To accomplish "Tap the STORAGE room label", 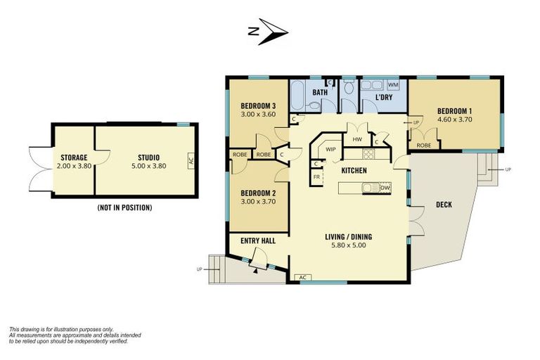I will pyautogui.click(x=73, y=157).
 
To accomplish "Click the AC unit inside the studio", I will pyautogui.click(x=191, y=160).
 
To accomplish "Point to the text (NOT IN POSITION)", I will pyautogui.click(x=124, y=208).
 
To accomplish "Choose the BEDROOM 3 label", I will pyautogui.click(x=257, y=105).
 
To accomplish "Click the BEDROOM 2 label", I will pyautogui.click(x=257, y=193).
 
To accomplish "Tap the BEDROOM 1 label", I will pyautogui.click(x=455, y=111).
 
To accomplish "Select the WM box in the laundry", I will pyautogui.click(x=393, y=85).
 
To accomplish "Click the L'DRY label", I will pyautogui.click(x=383, y=97).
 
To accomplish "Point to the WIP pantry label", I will pyautogui.click(x=330, y=149).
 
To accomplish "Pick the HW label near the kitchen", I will pyautogui.click(x=357, y=139).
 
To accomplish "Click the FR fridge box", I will pyautogui.click(x=317, y=177).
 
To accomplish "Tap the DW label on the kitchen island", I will pyautogui.click(x=385, y=188).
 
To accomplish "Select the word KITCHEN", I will pyautogui.click(x=354, y=171).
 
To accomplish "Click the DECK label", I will pyautogui.click(x=444, y=205).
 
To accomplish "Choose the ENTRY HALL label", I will pyautogui.click(x=258, y=241).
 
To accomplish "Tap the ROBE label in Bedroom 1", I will pyautogui.click(x=424, y=145).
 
